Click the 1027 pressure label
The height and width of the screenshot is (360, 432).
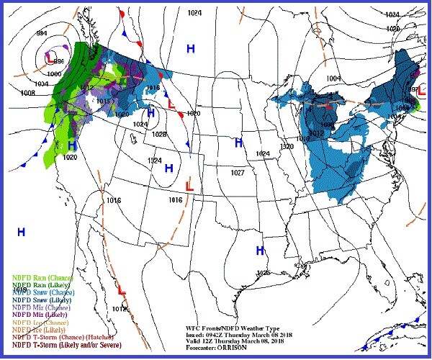(x=239, y=173)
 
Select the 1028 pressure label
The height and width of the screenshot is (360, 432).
(x=159, y=135)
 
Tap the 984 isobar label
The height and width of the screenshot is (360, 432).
(x=22, y=33)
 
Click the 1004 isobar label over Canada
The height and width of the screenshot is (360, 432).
(x=333, y=78)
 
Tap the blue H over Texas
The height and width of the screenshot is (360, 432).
(x=262, y=250)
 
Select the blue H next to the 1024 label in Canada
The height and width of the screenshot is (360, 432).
(x=191, y=48)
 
